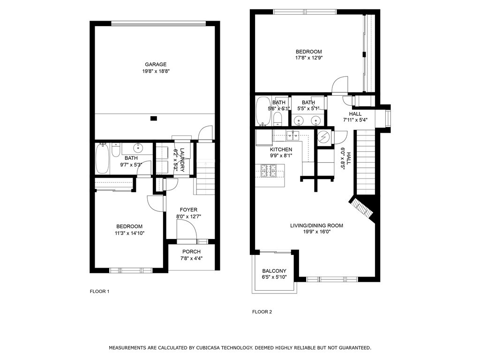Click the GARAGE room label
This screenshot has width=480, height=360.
click(156, 64)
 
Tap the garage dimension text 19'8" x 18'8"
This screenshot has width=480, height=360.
click(156, 71)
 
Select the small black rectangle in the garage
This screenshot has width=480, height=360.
click(154, 118)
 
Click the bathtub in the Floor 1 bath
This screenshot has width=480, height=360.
click(102, 159)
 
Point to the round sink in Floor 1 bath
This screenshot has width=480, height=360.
click(139, 148)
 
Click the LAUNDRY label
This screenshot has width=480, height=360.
click(182, 160)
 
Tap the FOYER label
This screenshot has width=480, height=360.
click(188, 210)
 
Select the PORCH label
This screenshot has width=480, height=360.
click(191, 252)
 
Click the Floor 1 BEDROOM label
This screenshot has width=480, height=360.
click(129, 226)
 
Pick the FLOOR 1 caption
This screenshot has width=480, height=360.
click(99, 292)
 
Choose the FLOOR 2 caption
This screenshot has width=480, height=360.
click(262, 312)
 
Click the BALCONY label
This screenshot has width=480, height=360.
click(274, 271)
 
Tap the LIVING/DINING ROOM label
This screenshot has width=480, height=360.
click(316, 225)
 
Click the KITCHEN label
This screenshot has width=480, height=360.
click(281, 150)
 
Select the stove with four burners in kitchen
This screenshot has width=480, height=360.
click(268, 171)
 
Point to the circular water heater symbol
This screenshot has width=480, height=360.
click(323, 137)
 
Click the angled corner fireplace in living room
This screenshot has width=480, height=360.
click(362, 209)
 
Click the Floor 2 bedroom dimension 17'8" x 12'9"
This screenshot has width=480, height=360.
click(309, 58)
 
